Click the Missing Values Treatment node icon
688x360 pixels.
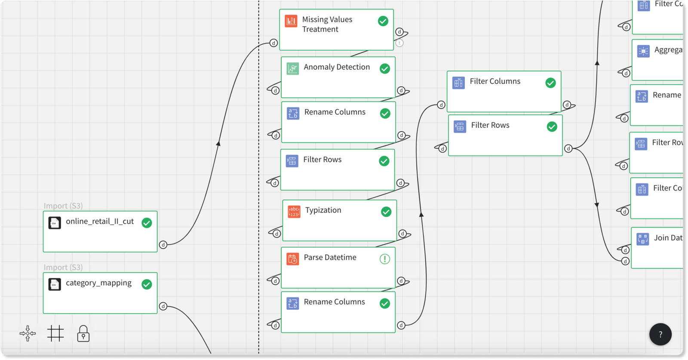291,21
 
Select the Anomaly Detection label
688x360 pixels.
337,67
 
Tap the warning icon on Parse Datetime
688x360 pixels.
385,259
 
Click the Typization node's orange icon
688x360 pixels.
294,212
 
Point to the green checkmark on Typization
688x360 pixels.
386,212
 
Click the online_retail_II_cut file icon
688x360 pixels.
55,223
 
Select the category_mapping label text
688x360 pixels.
98,283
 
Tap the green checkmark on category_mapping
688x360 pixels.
147,284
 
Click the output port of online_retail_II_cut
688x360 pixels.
163,245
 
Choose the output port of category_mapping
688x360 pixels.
163,306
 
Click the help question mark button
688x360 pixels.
660,334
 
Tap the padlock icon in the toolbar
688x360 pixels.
83,334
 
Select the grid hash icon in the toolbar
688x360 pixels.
55,333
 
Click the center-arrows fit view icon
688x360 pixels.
28,333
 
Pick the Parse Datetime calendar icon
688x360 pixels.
293,259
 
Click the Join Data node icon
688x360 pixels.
643,239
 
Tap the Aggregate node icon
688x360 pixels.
643,51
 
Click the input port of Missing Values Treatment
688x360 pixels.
273,43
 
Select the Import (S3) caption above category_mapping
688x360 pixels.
63,268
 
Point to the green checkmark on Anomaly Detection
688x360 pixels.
385,69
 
